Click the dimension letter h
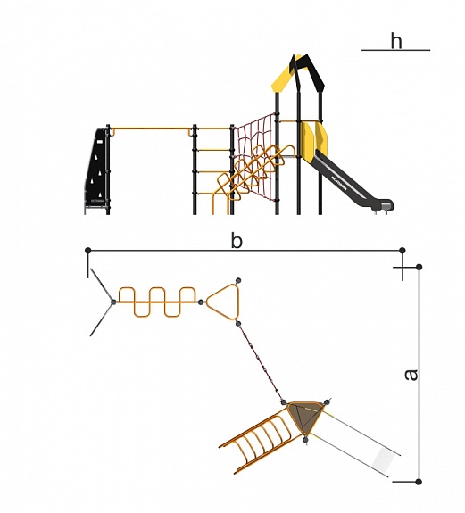click(396, 41)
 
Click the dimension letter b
click(237, 241)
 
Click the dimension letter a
click(411, 375)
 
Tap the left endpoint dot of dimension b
click(87, 251)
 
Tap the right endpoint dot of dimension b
click(403, 251)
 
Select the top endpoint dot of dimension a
click(419, 267)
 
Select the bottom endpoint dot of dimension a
click(419, 482)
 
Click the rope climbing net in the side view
click(256, 157)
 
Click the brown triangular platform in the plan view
click(305, 417)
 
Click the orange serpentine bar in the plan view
click(157, 302)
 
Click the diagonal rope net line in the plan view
click(261, 362)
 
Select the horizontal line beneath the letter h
click(395, 50)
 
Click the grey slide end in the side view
click(386, 206)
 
